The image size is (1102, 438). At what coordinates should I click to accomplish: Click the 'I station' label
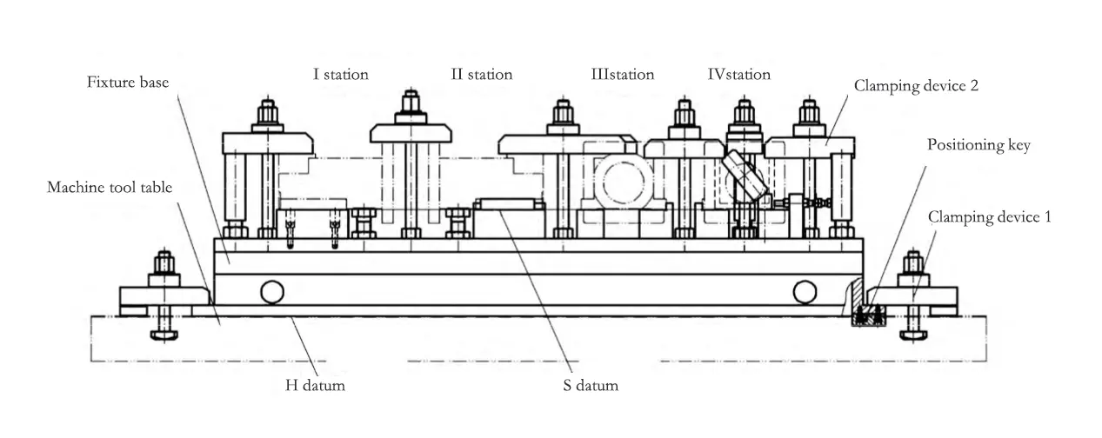341,75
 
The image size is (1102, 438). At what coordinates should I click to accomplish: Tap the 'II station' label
481,75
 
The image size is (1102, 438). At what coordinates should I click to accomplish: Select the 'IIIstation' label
622,75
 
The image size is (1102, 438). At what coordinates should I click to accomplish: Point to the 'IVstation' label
738,75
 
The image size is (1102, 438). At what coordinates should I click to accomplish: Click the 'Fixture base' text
127,83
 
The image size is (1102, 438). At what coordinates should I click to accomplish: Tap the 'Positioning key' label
978,145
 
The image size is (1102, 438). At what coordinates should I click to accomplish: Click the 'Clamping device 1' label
989,217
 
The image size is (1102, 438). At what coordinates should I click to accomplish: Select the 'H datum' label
315,385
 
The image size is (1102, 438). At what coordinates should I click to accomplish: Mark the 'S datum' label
589,385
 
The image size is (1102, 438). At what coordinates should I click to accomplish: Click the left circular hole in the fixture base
272,291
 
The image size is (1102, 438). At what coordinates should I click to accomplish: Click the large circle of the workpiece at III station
623,184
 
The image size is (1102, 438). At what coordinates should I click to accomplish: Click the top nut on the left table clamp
164,262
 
